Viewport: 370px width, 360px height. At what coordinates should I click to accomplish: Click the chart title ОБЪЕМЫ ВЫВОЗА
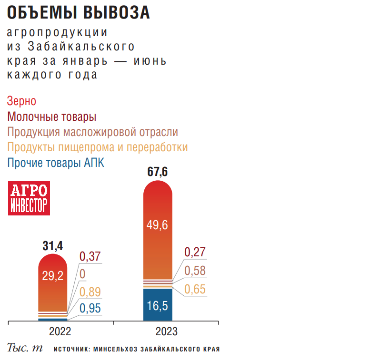[78, 13]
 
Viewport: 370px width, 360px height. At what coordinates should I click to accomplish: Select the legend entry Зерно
[22, 101]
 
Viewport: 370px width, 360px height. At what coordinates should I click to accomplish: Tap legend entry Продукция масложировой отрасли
[93, 132]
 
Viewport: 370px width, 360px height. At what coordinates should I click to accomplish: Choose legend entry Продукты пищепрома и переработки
[98, 147]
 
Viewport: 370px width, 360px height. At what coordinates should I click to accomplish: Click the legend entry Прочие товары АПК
[56, 163]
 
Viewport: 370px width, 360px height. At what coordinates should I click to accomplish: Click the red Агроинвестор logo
[30, 197]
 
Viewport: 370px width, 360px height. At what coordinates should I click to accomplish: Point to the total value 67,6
[158, 172]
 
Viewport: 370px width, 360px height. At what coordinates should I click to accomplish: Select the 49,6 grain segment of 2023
[158, 225]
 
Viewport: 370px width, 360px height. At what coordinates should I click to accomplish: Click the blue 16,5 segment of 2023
[158, 305]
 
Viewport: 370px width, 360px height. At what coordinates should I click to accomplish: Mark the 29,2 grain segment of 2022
[52, 277]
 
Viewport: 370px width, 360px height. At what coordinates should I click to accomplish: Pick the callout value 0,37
[90, 257]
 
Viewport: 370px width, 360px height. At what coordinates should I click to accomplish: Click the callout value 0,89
[90, 292]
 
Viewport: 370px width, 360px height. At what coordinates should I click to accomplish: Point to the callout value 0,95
[90, 308]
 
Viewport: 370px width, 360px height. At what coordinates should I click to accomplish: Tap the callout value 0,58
[195, 271]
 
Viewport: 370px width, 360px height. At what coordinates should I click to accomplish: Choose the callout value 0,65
[195, 289]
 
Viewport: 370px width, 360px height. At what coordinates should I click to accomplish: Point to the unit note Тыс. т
[25, 348]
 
